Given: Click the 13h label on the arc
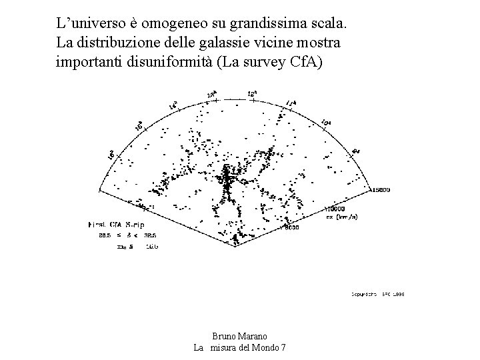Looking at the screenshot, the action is click(x=212, y=95).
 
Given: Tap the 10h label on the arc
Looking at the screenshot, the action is click(x=326, y=123).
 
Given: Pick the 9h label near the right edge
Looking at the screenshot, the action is click(x=355, y=151).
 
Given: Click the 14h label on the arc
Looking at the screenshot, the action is click(x=173, y=105).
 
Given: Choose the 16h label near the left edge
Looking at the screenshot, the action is click(x=112, y=154).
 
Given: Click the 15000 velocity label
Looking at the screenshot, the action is click(x=382, y=191).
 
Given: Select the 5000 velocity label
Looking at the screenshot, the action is click(x=291, y=228).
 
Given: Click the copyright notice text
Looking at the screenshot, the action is click(x=378, y=293).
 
